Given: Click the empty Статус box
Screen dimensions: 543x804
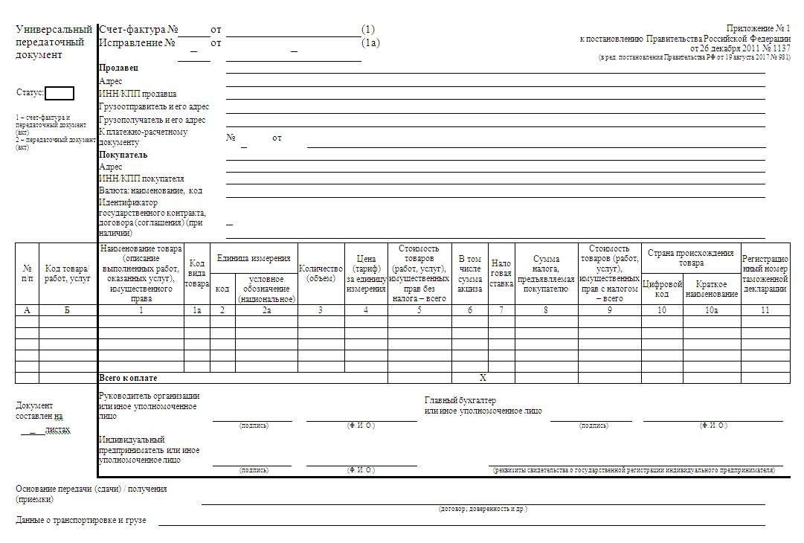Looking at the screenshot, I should (x=60, y=93).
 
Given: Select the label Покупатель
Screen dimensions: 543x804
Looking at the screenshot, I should (x=123, y=155).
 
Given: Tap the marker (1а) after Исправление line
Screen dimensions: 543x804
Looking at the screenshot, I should (x=370, y=43).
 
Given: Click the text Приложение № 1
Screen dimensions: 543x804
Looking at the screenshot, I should (x=762, y=28).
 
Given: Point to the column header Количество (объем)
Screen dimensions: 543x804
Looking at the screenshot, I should (x=321, y=273).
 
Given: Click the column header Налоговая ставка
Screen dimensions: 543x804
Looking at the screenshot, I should (x=501, y=273).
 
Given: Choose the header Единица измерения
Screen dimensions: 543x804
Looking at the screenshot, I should (x=254, y=258).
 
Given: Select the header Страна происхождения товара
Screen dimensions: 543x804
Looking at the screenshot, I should (x=690, y=257).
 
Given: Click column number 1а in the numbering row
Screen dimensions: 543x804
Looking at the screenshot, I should (x=196, y=310).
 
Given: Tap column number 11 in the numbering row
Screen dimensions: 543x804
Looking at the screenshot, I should (x=765, y=310).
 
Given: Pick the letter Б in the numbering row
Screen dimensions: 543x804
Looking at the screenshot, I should (x=67, y=310).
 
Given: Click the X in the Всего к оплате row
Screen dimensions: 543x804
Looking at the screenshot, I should (x=483, y=378).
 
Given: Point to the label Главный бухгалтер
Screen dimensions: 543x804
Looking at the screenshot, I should (x=460, y=400).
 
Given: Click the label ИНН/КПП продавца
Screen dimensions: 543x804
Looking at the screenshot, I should (x=138, y=94).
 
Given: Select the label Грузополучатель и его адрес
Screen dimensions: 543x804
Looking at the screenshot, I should (x=152, y=119).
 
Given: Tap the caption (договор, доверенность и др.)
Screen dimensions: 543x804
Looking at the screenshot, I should (x=483, y=509).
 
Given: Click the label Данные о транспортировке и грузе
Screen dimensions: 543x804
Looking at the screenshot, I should (x=81, y=520).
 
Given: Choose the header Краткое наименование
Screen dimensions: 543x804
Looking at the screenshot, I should (x=711, y=289).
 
